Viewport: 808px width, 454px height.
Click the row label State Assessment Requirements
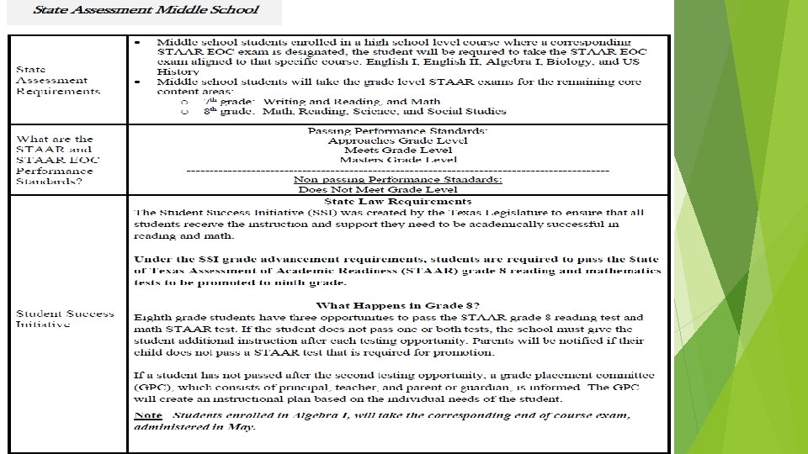click(x=57, y=80)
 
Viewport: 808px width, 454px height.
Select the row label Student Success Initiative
click(x=65, y=319)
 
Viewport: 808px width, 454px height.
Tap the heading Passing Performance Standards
click(x=398, y=130)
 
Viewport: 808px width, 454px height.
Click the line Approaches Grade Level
click(x=398, y=140)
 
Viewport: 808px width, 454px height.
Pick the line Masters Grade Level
click(x=398, y=160)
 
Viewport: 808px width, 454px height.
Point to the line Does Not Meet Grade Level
click(x=378, y=189)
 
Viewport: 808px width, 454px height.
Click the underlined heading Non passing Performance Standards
click(x=398, y=179)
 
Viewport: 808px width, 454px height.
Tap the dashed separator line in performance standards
click(x=397, y=170)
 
